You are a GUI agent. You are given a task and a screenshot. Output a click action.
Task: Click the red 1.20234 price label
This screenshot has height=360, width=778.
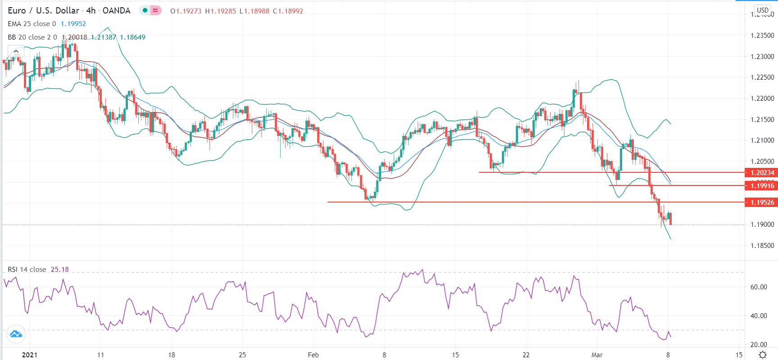(762, 173)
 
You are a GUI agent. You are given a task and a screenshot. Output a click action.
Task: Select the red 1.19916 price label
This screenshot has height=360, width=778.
(762, 186)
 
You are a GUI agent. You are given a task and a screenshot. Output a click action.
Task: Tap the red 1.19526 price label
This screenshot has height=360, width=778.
(762, 202)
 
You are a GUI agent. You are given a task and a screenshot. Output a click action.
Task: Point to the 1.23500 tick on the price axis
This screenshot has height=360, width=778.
(762, 36)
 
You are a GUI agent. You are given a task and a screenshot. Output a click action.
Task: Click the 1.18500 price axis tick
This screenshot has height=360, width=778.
(762, 246)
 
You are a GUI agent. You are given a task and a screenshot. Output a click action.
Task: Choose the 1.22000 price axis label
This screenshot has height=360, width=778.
(762, 99)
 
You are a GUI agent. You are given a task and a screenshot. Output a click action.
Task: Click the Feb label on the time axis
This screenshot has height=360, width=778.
(313, 355)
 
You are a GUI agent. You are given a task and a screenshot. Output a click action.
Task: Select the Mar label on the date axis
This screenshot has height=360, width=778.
(597, 355)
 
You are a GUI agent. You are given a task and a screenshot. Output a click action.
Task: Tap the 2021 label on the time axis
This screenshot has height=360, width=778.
(30, 355)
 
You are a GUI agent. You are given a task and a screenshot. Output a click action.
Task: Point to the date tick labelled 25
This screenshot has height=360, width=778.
(242, 355)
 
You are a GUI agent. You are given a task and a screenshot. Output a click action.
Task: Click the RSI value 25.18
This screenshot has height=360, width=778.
(60, 270)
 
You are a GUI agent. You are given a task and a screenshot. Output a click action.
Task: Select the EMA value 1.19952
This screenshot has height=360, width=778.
(73, 24)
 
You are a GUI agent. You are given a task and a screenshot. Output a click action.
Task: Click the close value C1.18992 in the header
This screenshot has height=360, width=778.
(288, 11)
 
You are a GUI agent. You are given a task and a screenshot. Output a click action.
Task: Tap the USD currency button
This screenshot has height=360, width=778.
(763, 10)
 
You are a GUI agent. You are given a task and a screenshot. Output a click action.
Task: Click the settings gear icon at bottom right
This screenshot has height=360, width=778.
(763, 355)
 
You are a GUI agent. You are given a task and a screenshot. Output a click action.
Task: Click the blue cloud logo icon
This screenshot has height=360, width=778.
(16, 334)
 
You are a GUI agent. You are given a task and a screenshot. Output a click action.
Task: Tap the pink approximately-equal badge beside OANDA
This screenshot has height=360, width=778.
(155, 10)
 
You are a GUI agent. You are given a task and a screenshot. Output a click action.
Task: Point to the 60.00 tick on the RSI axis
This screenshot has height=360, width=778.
(759, 287)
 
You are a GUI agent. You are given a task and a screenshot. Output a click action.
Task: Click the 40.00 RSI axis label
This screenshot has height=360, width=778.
(759, 316)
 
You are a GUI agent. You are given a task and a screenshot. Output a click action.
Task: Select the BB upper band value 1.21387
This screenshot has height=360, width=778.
(104, 37)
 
